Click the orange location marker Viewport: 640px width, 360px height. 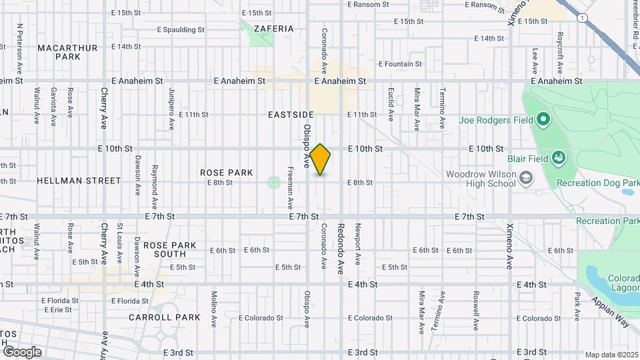(x=321, y=159)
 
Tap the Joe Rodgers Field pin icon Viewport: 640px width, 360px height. (x=543, y=120)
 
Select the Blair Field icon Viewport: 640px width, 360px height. (x=559, y=158)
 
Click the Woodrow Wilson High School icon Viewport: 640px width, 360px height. (x=527, y=177)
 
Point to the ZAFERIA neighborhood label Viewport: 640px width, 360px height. (x=274, y=29)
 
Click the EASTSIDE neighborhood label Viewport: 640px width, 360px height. (x=291, y=115)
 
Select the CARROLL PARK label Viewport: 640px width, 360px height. (x=165, y=317)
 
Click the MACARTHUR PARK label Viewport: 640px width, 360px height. (x=68, y=52)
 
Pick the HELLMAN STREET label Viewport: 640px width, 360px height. (x=79, y=181)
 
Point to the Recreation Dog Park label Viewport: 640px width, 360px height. (x=598, y=183)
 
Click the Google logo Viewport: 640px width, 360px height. (x=21, y=352)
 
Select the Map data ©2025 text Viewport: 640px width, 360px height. (x=611, y=355)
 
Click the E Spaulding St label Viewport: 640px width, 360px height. (x=181, y=29)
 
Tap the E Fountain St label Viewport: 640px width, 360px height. (x=400, y=64)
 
